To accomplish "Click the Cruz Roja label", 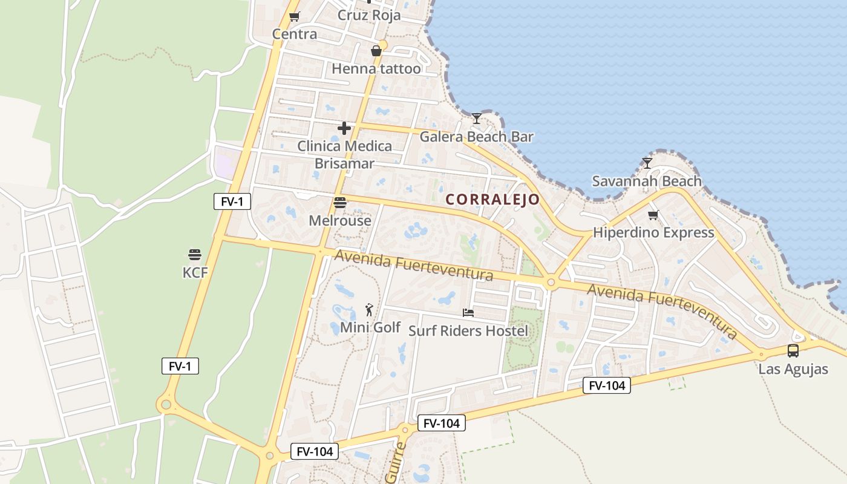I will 369,15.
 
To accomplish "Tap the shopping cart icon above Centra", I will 295,17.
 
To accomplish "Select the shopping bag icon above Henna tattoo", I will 376,50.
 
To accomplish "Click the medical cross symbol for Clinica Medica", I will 344,128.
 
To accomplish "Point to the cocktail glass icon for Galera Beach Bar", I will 477,118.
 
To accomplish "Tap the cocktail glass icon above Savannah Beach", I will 647,163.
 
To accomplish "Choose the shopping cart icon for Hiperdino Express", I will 653,215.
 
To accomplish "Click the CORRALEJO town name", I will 492,199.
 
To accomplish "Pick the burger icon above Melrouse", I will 340,203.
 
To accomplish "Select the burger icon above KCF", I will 194,255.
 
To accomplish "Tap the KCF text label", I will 195,273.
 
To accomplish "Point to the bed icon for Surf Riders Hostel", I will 468,313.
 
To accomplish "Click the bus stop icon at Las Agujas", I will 793,350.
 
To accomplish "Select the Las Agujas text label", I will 793,369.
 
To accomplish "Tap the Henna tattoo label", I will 376,68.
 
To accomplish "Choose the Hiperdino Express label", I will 653,232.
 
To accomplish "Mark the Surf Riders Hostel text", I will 468,331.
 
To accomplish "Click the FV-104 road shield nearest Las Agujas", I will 607,385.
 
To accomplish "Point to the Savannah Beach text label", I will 647,181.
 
